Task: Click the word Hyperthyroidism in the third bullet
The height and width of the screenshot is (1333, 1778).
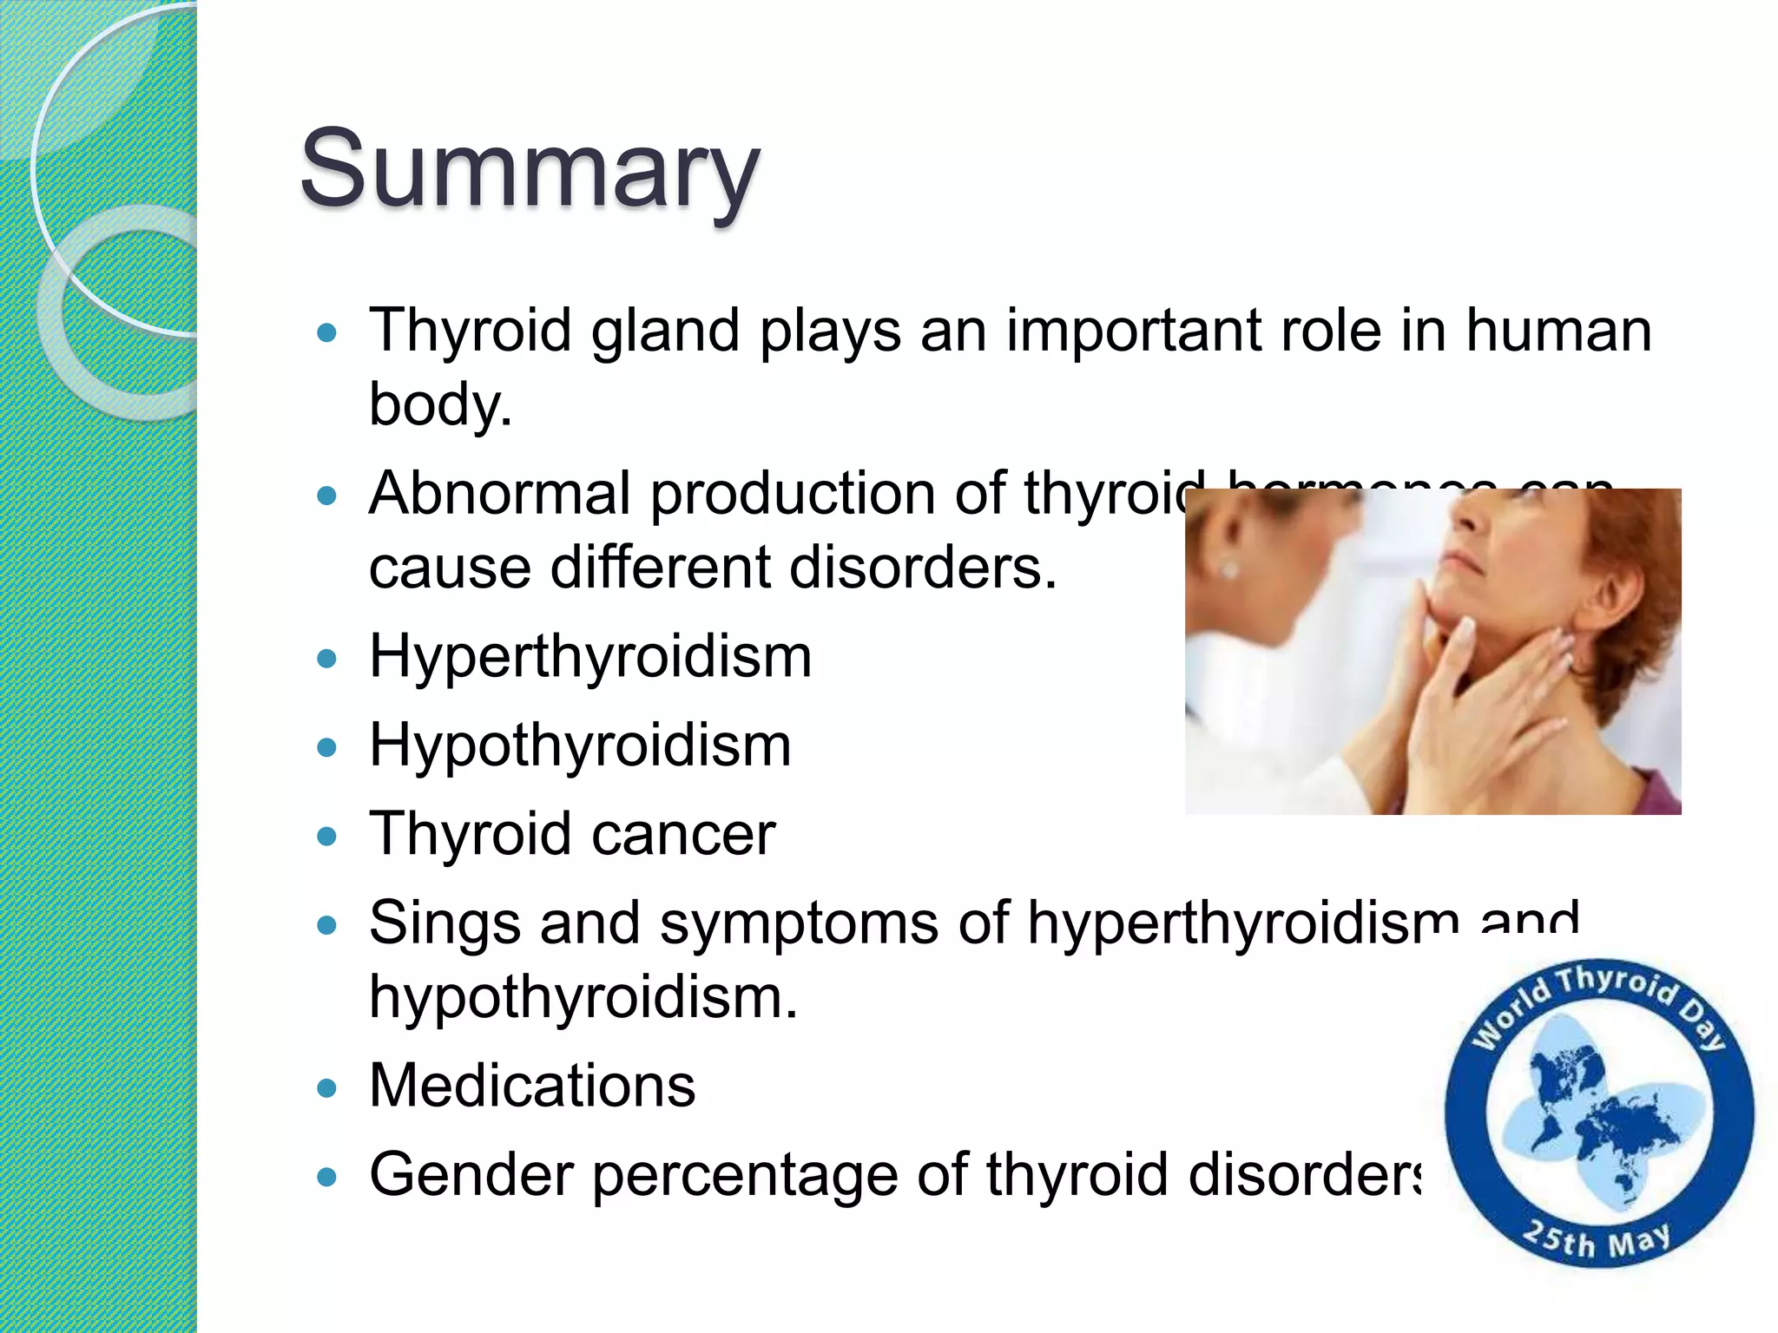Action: (590, 656)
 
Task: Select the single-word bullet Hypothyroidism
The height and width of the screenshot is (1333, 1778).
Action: (580, 745)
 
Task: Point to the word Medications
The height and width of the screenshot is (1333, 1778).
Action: (532, 1086)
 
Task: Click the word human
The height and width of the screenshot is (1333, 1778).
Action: (1558, 331)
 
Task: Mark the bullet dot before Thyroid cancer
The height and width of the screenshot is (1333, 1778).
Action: (326, 837)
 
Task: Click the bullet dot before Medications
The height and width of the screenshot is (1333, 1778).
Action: (326, 1088)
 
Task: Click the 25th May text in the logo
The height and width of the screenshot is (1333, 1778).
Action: (1596, 1239)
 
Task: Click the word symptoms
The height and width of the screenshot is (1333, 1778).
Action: (799, 923)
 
